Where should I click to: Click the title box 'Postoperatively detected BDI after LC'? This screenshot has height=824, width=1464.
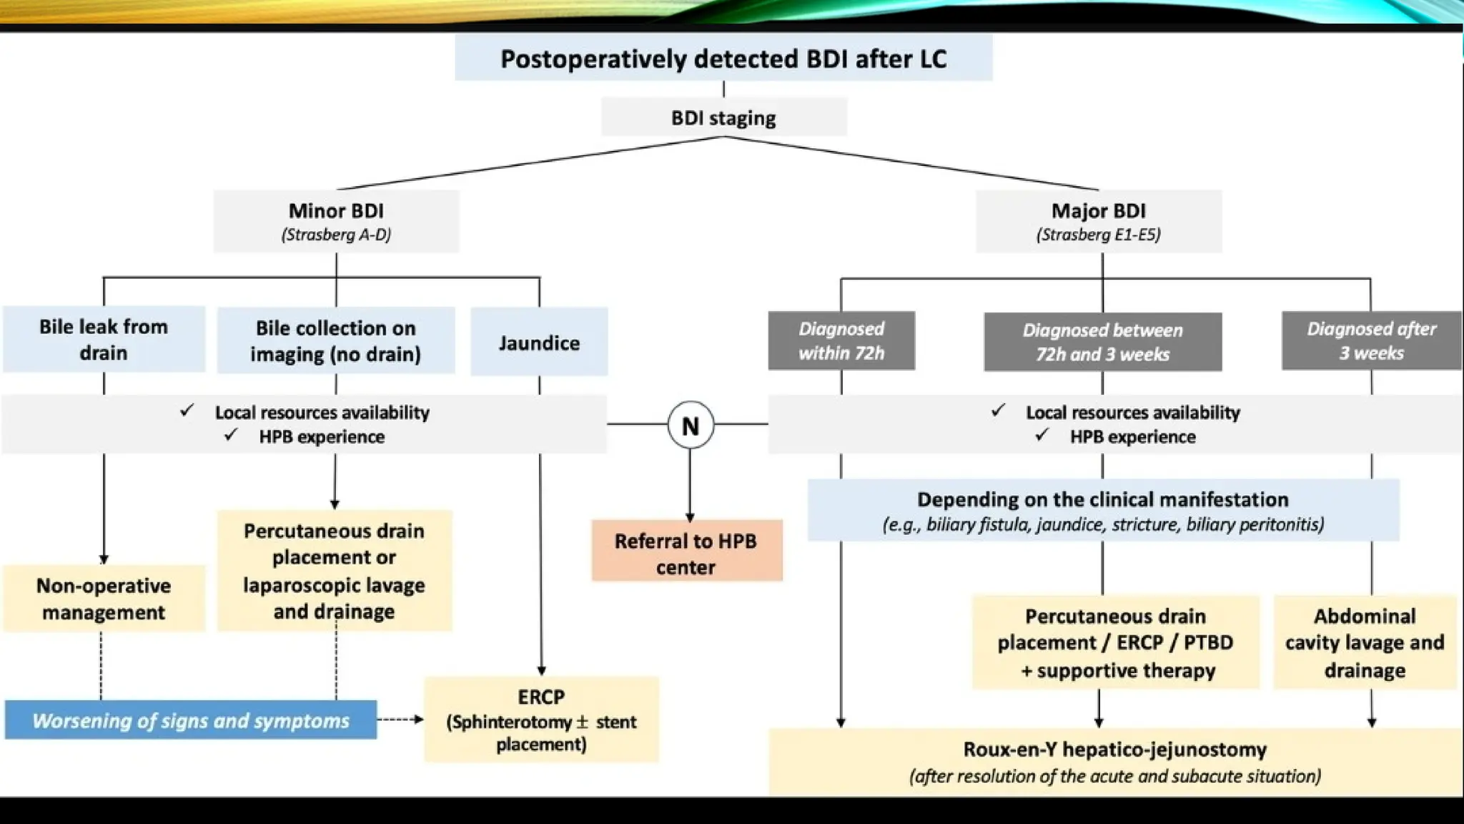723,59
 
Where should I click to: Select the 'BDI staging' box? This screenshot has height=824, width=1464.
723,117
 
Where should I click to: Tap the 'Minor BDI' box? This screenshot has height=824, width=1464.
336,221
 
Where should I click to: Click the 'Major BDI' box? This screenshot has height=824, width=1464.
1099,221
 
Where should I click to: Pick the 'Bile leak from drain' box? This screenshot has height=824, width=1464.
104,340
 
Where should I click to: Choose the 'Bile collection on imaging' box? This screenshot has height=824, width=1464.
336,340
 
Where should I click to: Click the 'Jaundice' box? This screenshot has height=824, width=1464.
539,343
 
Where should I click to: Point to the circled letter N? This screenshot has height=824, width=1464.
690,426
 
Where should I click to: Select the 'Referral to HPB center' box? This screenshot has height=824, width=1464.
686,553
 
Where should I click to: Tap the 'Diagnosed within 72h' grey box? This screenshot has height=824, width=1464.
841,340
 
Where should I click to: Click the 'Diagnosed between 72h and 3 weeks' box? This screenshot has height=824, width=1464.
1102,342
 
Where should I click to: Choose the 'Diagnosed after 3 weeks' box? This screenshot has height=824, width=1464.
1371,340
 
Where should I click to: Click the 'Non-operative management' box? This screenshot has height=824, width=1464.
104,599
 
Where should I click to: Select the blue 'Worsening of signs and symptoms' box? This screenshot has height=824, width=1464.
191,720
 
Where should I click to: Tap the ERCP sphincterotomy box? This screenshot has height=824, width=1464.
541,720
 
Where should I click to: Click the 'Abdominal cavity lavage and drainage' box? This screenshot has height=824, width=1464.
1365,642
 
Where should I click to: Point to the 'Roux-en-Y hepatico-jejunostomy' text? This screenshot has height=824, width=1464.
1114,750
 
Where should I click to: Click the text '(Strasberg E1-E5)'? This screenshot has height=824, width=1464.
1099,235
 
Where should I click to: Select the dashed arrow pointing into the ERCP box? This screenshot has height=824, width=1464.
400,719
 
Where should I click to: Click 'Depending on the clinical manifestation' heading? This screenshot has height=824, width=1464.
1102,499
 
